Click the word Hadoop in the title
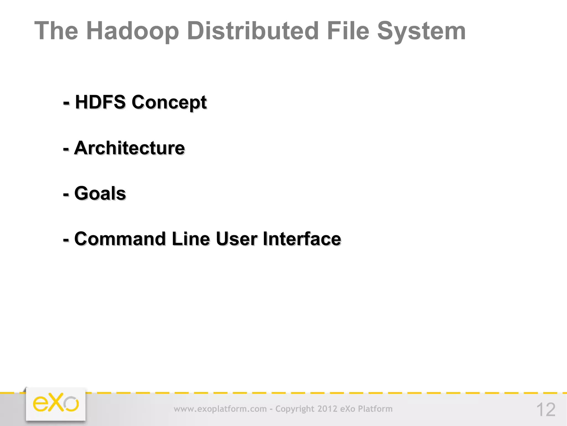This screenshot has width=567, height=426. [133, 31]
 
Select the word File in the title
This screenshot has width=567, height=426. [348, 31]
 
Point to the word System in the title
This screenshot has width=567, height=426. [421, 31]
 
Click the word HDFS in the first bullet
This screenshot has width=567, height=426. [100, 102]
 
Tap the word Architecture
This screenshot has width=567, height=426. [129, 148]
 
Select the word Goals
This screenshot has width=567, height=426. [100, 193]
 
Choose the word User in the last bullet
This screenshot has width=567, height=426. [236, 239]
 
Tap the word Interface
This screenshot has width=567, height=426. [302, 239]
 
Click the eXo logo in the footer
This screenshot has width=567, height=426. [56, 404]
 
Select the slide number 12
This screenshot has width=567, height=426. [546, 410]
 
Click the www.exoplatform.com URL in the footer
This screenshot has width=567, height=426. [220, 409]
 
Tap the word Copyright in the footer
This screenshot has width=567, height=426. [295, 409]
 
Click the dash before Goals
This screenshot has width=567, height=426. [66, 194]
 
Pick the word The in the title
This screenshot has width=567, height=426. [56, 31]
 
